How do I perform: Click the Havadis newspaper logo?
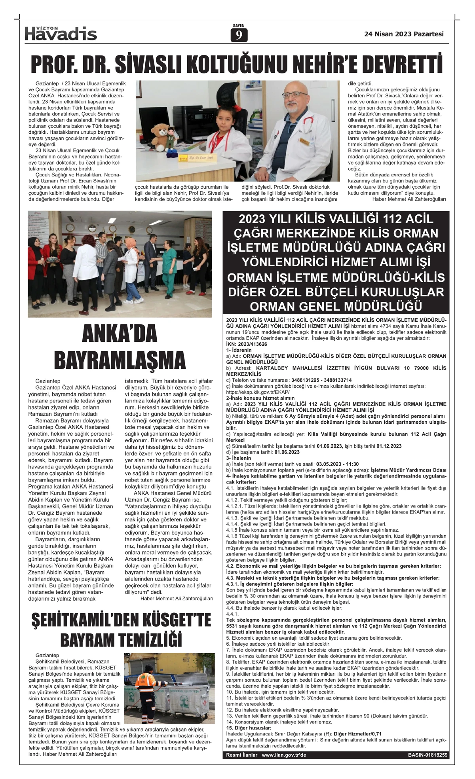(x=61, y=34)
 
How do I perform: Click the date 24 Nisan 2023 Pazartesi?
(x=404, y=34)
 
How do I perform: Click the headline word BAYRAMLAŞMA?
(x=120, y=360)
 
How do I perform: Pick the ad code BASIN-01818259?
(x=428, y=755)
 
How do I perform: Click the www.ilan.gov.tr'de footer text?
(x=284, y=755)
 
